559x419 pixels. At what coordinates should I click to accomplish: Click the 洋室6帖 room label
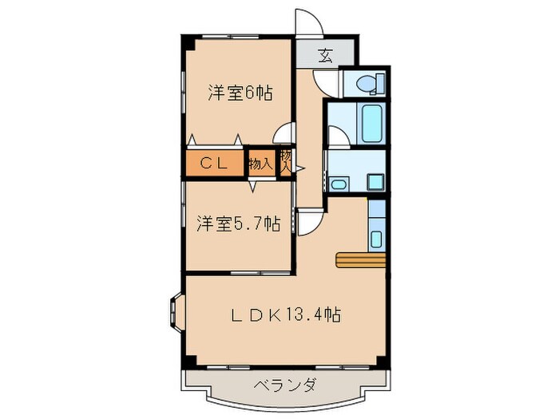tap(240, 93)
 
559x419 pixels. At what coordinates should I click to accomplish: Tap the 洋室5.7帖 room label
tap(238, 223)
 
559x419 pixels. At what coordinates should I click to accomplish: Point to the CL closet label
tap(216, 164)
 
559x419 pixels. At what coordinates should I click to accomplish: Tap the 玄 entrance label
tap(325, 55)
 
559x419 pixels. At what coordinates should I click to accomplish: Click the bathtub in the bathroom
tap(372, 123)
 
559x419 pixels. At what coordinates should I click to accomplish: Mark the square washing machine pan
tap(374, 181)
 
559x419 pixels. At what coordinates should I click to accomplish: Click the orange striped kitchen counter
tap(361, 259)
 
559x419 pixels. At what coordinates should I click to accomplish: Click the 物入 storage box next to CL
tap(260, 164)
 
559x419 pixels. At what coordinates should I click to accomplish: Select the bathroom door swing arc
tap(337, 136)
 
